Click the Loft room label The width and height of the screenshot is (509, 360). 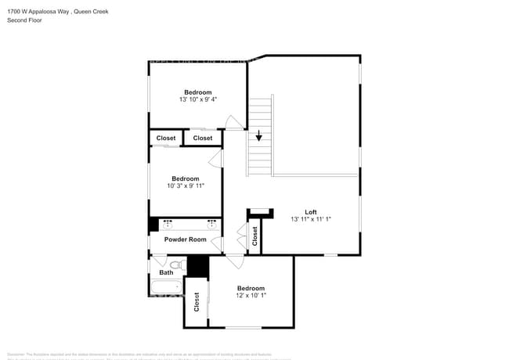pos(311,212)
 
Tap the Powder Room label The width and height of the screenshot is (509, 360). pos(185,239)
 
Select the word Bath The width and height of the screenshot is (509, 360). pos(166,273)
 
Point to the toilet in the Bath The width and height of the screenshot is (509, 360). pos(175,266)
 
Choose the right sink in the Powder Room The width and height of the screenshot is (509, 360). pos(211,225)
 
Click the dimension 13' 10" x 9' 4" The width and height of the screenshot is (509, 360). pos(197,99)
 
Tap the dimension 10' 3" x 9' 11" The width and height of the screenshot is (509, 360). pos(186,186)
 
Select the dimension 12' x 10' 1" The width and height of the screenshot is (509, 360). pos(251,296)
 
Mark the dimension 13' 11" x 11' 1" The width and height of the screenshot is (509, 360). pos(311,220)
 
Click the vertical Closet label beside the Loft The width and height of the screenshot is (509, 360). pos(255,237)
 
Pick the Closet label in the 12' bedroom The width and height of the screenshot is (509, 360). pos(197,303)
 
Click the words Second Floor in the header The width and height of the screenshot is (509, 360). pos(24,20)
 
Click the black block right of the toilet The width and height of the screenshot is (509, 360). pos(197,266)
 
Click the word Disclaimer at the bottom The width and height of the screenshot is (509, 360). pos(17,354)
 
